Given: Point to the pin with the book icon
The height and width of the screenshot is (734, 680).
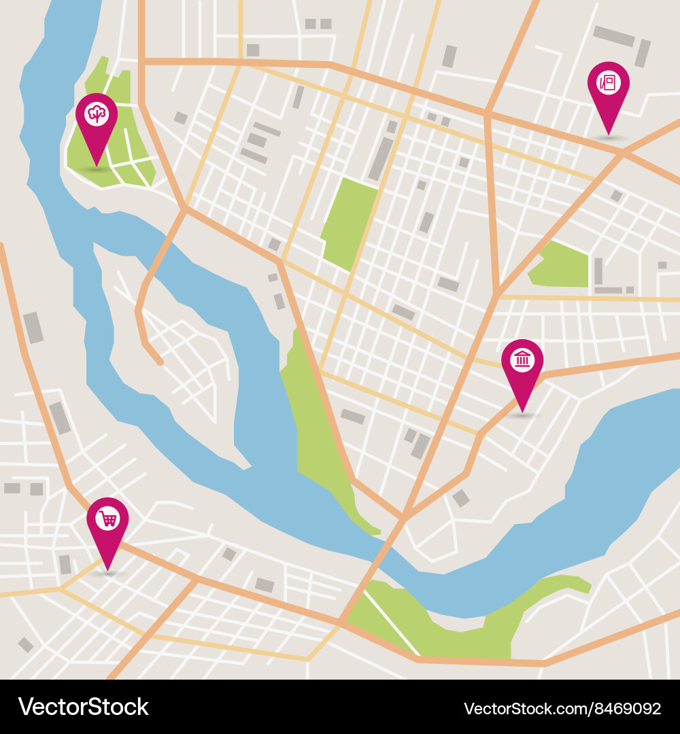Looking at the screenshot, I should [608, 86].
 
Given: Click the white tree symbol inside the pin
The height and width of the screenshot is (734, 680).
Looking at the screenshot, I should [96, 113].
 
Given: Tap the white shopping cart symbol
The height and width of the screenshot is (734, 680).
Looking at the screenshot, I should [107, 519].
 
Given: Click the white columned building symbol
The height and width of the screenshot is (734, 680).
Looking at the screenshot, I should [522, 358].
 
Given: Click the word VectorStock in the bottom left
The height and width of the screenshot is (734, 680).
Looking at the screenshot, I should [83, 707].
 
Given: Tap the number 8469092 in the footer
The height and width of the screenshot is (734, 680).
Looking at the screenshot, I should [626, 708].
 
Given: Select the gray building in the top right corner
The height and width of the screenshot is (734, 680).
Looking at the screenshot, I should [613, 36].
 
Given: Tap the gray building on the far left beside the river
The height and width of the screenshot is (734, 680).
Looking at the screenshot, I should [33, 328].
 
